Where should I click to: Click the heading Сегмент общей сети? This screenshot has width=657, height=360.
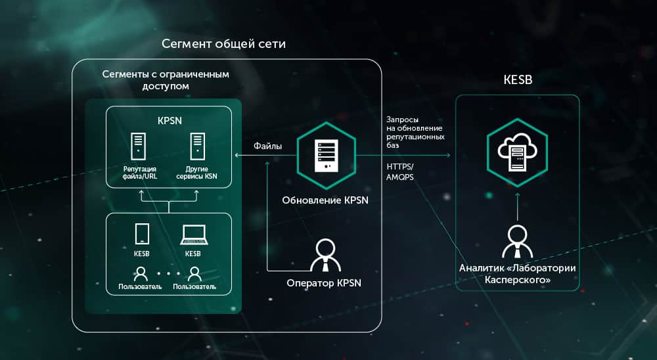224,45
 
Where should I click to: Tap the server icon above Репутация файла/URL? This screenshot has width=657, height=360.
138,146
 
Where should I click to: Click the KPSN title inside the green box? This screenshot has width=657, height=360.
169,122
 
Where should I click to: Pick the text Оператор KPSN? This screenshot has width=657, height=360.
324,284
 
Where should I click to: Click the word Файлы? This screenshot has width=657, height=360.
268,146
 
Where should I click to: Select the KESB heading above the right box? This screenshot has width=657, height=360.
517,79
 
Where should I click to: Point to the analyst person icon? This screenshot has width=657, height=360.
517,241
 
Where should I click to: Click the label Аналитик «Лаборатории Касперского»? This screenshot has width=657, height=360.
517,274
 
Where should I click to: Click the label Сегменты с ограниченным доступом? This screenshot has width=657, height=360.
166,80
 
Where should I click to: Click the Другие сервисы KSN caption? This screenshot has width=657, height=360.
196,172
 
